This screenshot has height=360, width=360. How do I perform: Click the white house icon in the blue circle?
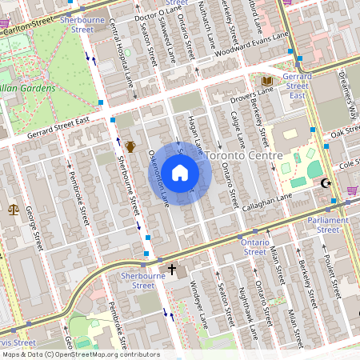click(180, 173)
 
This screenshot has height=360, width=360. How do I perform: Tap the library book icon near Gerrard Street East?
click(267, 81)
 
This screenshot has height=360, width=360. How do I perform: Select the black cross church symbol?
click(171, 270)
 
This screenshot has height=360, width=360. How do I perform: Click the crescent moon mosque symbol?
click(325, 184)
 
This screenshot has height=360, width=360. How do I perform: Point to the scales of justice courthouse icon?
click(13, 210)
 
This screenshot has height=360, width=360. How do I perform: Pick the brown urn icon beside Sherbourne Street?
click(130, 146)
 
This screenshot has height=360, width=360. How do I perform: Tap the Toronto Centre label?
click(243, 154)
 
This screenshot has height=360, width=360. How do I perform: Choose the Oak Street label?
click(346, 133)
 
